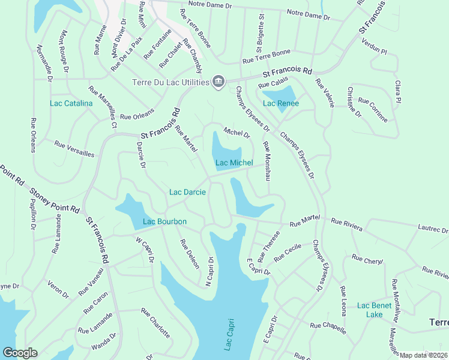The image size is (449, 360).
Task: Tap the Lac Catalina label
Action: coord(71,104)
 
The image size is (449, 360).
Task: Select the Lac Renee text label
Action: coord(280,103)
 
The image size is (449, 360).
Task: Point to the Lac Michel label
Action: coord(234,163)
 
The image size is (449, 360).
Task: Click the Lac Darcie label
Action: coord(187,192)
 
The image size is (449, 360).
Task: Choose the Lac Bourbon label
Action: coord(164,221)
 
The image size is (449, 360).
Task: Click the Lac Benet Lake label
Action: coord(374,310)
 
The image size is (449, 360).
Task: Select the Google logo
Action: coord(20,353)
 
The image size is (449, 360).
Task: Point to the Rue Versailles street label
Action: coord(74,149)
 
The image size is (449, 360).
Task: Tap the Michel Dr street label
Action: coord(237,131)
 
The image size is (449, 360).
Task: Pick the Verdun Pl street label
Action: coord(374,46)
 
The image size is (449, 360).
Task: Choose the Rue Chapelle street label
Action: coord(328,328)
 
